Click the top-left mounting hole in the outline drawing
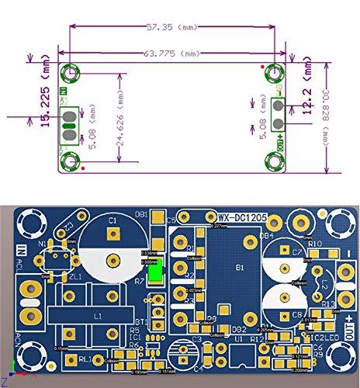point(71,73)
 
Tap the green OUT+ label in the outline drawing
point(279,140)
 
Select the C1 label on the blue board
point(112,222)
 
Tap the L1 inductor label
point(97,317)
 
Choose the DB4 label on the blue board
point(266,235)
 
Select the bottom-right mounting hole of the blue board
point(340,359)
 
